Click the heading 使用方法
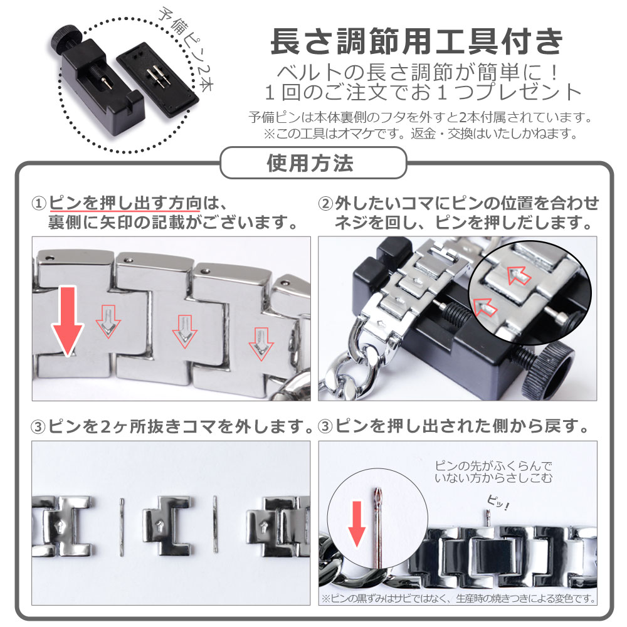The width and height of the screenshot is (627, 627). coord(310,163)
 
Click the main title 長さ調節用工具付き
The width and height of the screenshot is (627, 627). coord(417,41)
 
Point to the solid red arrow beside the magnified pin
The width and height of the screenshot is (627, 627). coord(357,524)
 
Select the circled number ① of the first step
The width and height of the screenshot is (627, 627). coord(39,204)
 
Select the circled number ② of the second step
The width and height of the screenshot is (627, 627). coord(325,204)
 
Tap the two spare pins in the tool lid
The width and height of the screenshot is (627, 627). coord(157,75)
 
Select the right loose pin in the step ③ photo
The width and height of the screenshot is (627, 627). coord(215,524)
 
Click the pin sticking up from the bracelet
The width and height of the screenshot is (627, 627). coord(488,519)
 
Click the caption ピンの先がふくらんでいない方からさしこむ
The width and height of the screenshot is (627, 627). coord(493,472)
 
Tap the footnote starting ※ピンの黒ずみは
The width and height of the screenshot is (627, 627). coord(458,598)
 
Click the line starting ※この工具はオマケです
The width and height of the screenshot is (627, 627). coord(420,133)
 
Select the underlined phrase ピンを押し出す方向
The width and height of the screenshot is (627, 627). coord(125,203)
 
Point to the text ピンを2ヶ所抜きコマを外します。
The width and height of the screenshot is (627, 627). coord(181,426)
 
